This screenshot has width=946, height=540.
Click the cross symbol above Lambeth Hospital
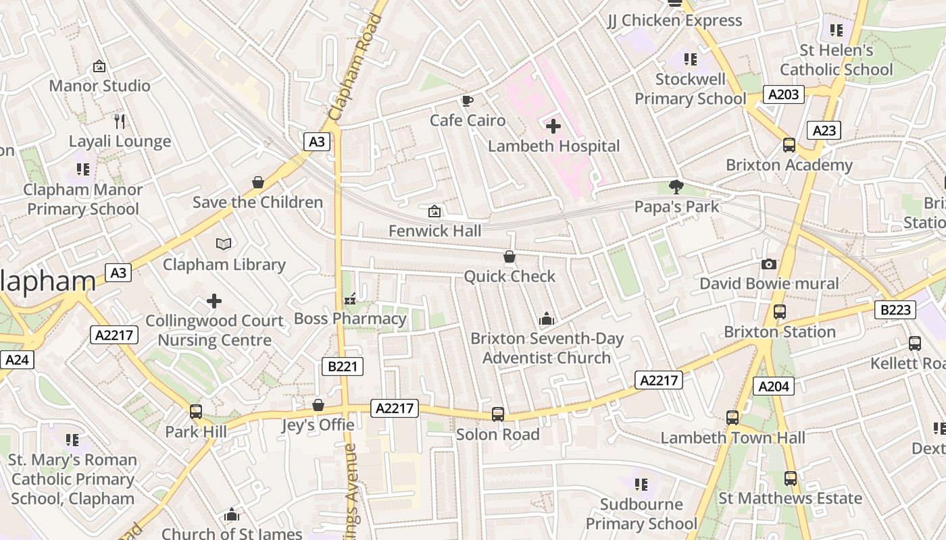point(553,126)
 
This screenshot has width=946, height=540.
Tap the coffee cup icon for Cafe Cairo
point(467,101)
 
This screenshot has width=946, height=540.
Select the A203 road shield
point(784,94)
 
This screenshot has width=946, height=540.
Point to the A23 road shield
point(824,131)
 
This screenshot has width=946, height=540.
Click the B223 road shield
point(895,310)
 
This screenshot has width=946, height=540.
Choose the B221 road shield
point(342,367)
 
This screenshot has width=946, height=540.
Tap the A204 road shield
point(774,386)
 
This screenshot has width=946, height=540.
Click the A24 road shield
point(16,360)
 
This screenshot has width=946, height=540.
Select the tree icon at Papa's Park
point(676,187)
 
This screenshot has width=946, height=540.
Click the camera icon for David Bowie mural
point(768,264)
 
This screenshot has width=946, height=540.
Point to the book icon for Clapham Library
point(224,244)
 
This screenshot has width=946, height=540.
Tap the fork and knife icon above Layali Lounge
point(120,122)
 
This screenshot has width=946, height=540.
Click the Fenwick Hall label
point(434,231)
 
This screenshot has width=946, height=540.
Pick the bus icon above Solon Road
point(498,414)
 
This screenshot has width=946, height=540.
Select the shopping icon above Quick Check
point(509,256)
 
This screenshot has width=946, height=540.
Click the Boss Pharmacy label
point(350,319)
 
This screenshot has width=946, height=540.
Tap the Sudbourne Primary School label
point(641,514)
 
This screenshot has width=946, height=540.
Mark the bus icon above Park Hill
point(196,411)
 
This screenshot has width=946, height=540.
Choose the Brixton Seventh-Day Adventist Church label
point(547,348)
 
